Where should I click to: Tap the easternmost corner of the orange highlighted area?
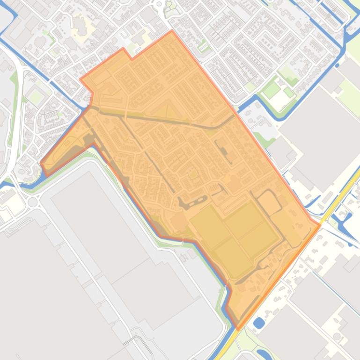320,226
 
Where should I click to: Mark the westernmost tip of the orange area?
41,163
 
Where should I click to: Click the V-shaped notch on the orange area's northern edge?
131,59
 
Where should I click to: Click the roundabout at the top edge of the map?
159,4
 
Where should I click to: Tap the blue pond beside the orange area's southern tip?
258,323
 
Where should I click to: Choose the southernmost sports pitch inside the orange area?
233,256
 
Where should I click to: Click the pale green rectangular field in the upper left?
36,96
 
